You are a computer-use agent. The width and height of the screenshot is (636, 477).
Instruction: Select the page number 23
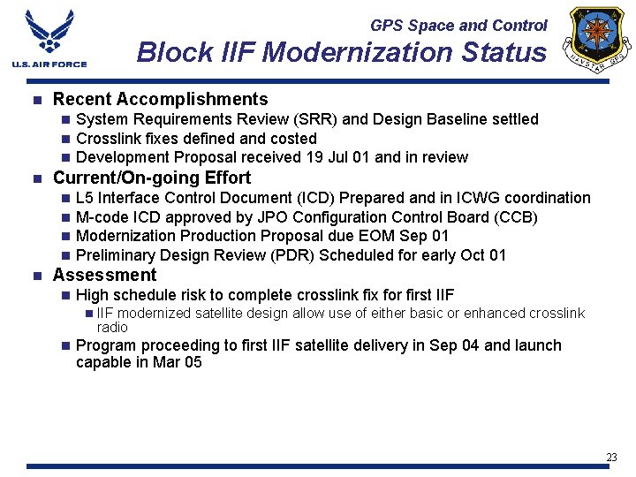[611, 457]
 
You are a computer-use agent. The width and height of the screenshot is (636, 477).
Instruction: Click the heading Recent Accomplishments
[160, 99]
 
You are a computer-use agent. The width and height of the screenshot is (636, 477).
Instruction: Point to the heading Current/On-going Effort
[152, 178]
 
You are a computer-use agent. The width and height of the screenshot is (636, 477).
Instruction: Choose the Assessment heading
[104, 275]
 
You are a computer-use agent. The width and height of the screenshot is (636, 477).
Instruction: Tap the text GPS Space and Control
[458, 26]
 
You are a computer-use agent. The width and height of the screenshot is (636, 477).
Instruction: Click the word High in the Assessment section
[93, 295]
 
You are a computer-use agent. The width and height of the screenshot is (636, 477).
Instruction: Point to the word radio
[112, 327]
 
